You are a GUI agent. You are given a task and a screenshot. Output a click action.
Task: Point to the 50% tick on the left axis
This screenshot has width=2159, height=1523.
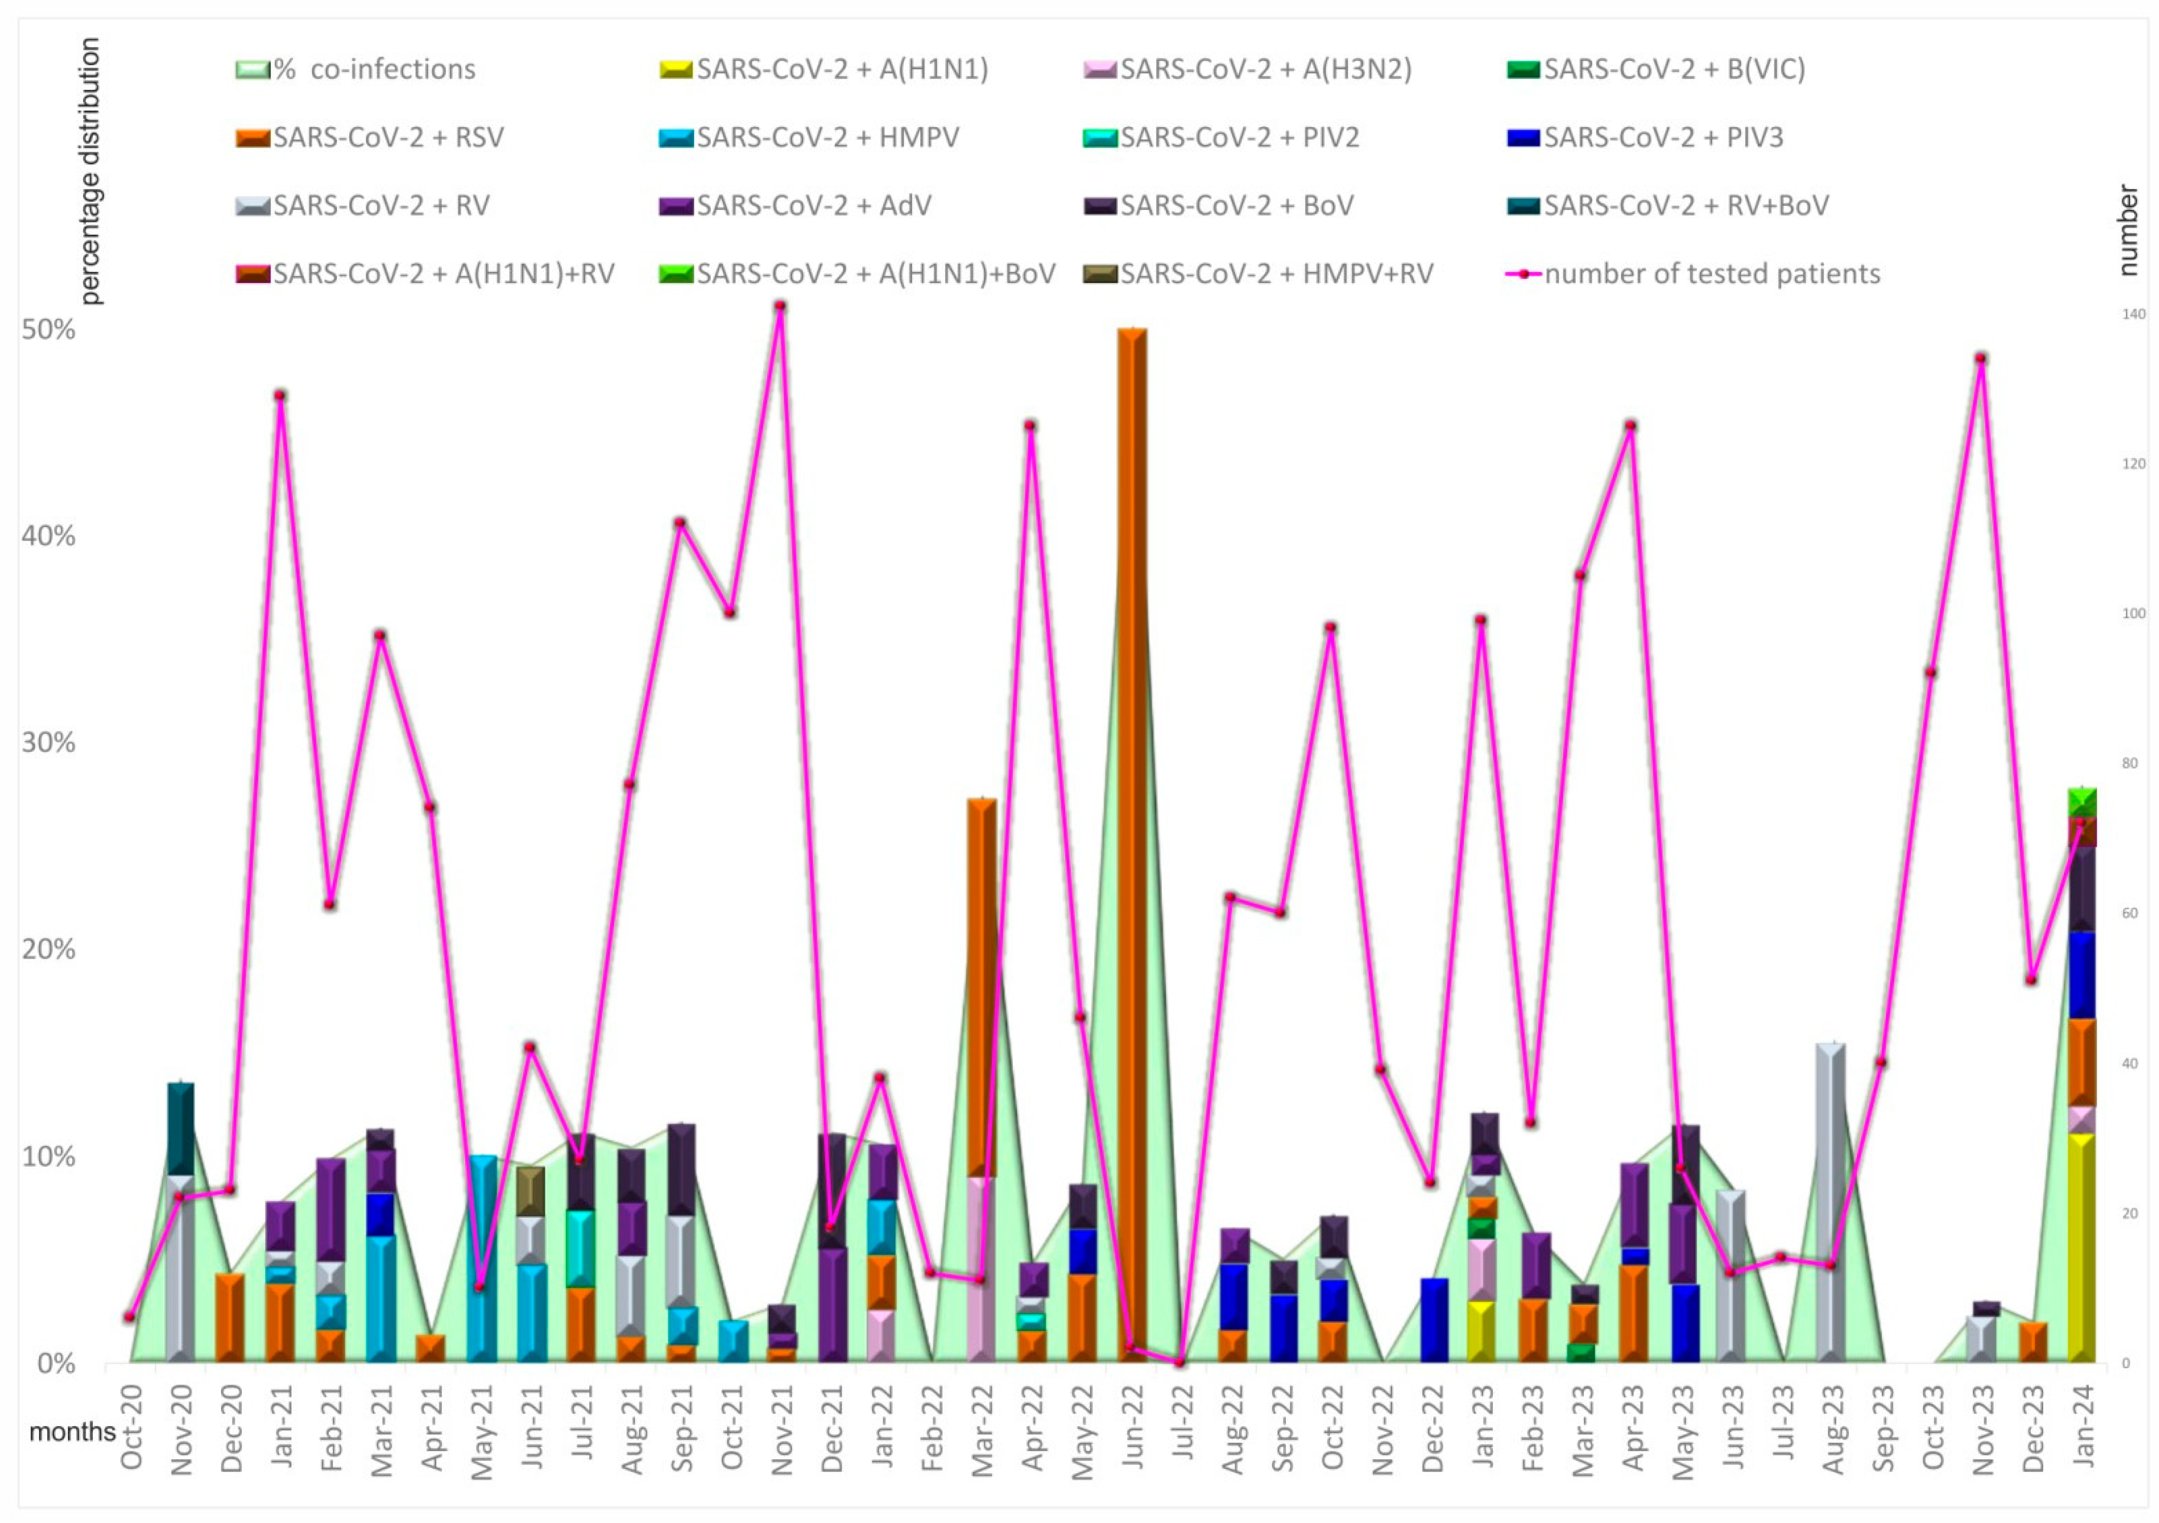coord(48,330)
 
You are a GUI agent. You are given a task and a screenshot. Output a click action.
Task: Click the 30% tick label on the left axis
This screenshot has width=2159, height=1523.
coord(48,743)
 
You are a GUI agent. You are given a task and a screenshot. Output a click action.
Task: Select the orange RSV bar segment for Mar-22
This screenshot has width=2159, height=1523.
coord(982,988)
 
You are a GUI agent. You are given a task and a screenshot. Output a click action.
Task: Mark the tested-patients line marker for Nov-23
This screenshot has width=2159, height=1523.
coord(1980,358)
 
